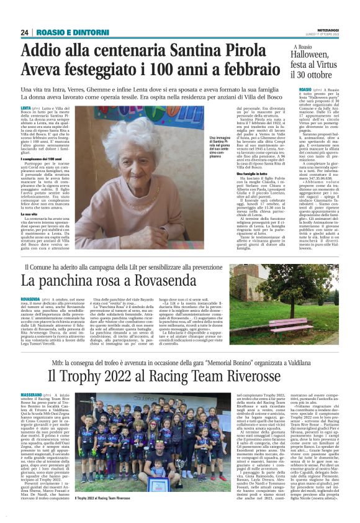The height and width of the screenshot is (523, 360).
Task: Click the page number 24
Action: (24, 32)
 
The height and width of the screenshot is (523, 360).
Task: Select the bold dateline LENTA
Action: (27, 107)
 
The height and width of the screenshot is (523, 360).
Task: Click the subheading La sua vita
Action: (29, 214)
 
